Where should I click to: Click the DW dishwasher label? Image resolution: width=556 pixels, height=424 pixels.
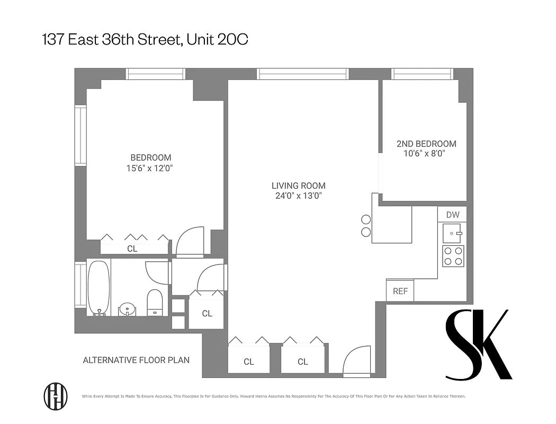click(452, 215)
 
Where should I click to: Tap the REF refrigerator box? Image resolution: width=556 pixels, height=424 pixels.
click(400, 291)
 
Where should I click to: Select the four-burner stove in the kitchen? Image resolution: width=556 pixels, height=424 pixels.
click(453, 256)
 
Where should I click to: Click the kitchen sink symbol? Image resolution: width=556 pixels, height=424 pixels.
click(453, 232)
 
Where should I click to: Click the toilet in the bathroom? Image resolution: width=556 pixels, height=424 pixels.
click(155, 303)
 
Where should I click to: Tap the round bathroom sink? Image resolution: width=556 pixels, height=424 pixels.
click(127, 308)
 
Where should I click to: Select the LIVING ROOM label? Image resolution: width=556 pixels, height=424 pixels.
click(298, 185)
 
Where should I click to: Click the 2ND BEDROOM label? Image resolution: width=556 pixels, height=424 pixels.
click(426, 144)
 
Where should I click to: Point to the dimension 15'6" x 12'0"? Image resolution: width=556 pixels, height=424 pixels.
click(151, 168)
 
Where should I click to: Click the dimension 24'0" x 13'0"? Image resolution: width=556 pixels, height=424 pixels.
click(298, 196)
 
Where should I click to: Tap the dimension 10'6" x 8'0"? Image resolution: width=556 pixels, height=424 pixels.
click(424, 154)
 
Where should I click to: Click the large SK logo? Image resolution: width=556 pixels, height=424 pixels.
click(478, 344)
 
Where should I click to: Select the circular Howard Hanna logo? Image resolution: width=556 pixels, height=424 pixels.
click(55, 395)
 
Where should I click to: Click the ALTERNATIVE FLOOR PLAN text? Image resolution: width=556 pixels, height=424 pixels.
click(136, 360)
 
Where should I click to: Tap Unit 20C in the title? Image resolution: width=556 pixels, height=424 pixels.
click(218, 39)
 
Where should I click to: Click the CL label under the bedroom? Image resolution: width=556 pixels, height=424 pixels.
click(132, 248)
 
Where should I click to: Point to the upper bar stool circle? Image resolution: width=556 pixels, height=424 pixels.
click(365, 219)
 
